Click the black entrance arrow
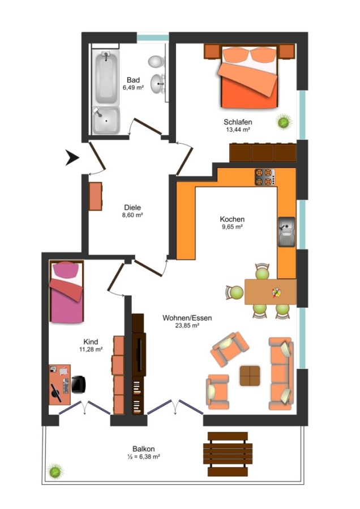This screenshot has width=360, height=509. click(x=72, y=157)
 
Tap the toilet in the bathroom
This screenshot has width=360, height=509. click(x=156, y=61)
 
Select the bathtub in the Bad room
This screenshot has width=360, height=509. click(x=106, y=77)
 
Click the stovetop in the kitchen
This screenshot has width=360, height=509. click(x=265, y=177)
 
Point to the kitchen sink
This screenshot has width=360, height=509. click(x=286, y=232)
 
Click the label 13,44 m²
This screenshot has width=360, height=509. click(x=238, y=130)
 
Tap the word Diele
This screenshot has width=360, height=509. click(x=132, y=208)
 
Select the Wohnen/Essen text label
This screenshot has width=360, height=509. click(x=187, y=318)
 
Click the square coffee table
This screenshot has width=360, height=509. click(x=250, y=376)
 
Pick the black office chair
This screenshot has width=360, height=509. click(x=78, y=385)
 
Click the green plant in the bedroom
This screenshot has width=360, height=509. click(x=284, y=122)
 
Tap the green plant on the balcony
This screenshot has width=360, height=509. click(x=55, y=471)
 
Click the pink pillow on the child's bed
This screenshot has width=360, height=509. click(x=66, y=270)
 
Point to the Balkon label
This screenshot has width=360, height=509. click(x=144, y=449)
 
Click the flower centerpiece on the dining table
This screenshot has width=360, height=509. click(x=276, y=292)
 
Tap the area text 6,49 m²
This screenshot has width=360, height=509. click(x=133, y=87)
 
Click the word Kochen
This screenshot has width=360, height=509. click(x=232, y=219)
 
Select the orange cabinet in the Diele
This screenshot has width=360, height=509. click(x=96, y=196)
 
